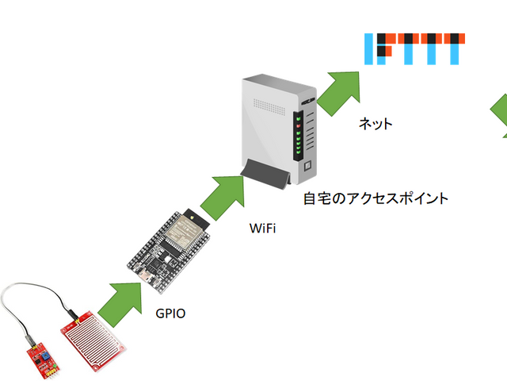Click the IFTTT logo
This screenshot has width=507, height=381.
(414, 48)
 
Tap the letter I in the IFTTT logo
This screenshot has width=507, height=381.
(368, 48)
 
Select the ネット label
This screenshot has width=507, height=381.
(375, 124)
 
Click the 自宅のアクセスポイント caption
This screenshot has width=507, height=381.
(375, 198)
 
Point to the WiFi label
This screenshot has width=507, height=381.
(264, 229)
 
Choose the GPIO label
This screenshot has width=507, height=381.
(170, 313)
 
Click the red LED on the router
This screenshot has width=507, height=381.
(299, 125)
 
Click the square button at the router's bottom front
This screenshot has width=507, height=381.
(304, 166)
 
